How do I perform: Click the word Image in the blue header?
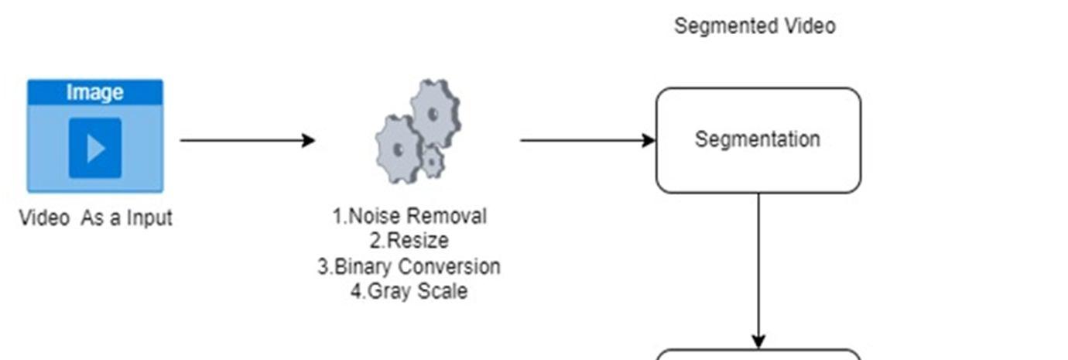coord(94,92)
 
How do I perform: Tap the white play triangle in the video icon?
coord(96,148)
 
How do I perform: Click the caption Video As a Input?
coord(95,218)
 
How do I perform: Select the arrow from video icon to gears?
coord(248,140)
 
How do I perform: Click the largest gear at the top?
coord(434,115)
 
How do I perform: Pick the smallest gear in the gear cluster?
coord(432,161)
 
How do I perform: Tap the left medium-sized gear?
coord(399,149)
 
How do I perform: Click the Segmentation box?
coord(758,140)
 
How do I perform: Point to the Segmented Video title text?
coord(755,26)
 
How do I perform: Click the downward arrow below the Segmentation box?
coord(758,271)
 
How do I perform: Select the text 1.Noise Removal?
coord(409,216)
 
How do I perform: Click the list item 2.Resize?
coord(409,241)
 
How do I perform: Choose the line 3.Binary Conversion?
coord(409,266)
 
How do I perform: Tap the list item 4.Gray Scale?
coord(409,291)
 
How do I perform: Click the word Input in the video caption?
coord(149,218)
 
